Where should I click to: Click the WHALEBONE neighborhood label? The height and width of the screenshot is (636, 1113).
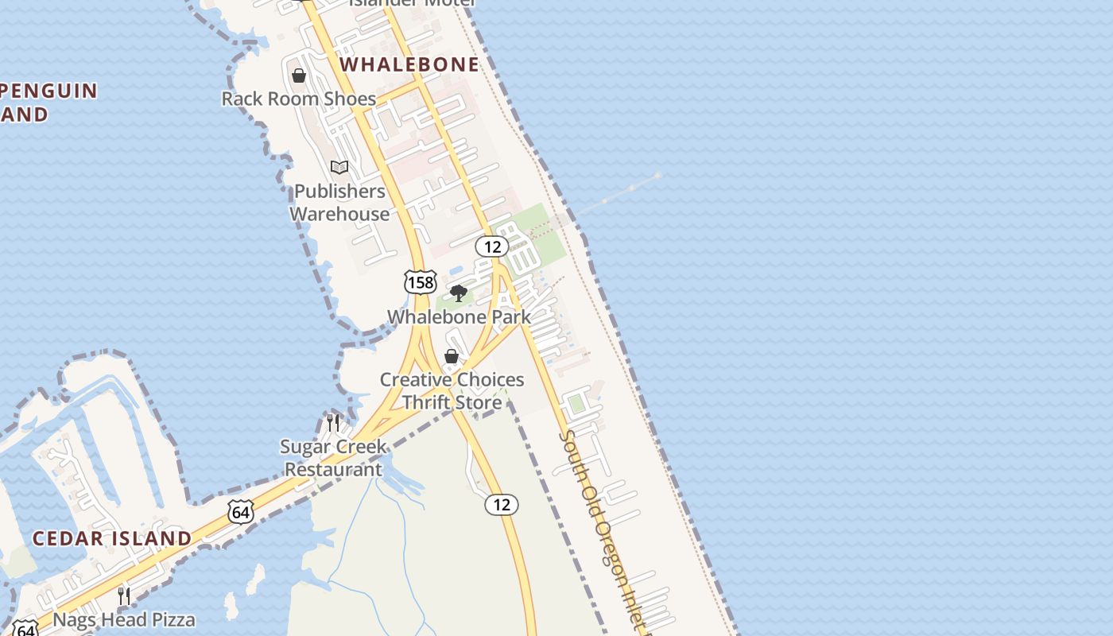(x=409, y=64)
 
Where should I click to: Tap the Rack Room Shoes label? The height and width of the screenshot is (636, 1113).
(x=298, y=99)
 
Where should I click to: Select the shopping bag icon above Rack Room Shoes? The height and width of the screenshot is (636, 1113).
(x=299, y=76)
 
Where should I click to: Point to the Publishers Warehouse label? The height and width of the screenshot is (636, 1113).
(x=339, y=202)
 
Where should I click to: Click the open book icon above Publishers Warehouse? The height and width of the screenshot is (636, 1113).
(x=339, y=167)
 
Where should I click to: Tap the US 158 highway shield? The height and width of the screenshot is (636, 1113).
(x=420, y=281)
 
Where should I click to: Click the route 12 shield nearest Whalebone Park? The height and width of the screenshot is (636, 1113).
(x=492, y=246)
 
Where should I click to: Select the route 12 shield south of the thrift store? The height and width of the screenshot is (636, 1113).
(x=501, y=504)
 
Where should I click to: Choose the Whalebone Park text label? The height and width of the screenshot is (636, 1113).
(x=459, y=316)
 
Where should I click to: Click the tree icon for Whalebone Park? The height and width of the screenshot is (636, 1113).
(x=458, y=293)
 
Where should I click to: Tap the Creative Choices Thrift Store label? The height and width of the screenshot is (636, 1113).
(x=452, y=390)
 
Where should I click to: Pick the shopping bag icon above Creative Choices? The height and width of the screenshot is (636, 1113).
(x=452, y=356)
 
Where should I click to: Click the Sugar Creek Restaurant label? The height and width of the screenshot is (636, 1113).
(x=334, y=457)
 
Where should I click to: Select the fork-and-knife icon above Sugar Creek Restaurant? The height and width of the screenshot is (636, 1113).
(x=333, y=422)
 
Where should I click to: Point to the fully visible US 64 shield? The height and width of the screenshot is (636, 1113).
(x=241, y=511)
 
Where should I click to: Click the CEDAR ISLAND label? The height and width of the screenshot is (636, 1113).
(x=112, y=538)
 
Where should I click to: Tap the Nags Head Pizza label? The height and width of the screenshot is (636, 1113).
(x=123, y=619)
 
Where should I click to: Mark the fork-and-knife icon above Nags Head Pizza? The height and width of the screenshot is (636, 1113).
(x=123, y=595)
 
